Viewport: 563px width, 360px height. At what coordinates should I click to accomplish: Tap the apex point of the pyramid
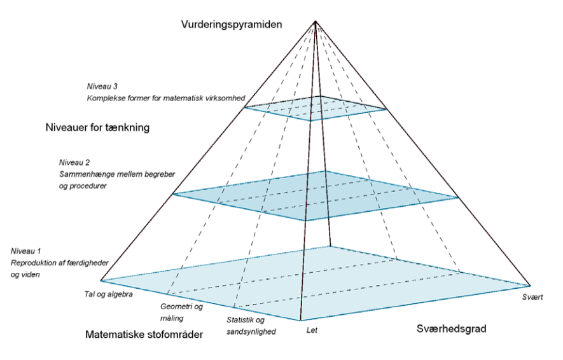point(316,22)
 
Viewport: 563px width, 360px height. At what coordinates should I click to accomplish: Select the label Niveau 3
point(102,86)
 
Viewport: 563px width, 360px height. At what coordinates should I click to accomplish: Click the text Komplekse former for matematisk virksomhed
point(166,98)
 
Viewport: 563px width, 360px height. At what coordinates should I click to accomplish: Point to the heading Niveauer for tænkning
point(97,127)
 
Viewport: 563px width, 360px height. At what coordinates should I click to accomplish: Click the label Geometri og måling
point(182,312)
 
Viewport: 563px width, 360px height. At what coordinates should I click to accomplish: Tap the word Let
point(312,329)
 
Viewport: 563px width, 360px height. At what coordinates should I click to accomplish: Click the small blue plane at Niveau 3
point(316,108)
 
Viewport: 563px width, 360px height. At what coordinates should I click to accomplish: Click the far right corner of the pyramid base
point(529,285)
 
